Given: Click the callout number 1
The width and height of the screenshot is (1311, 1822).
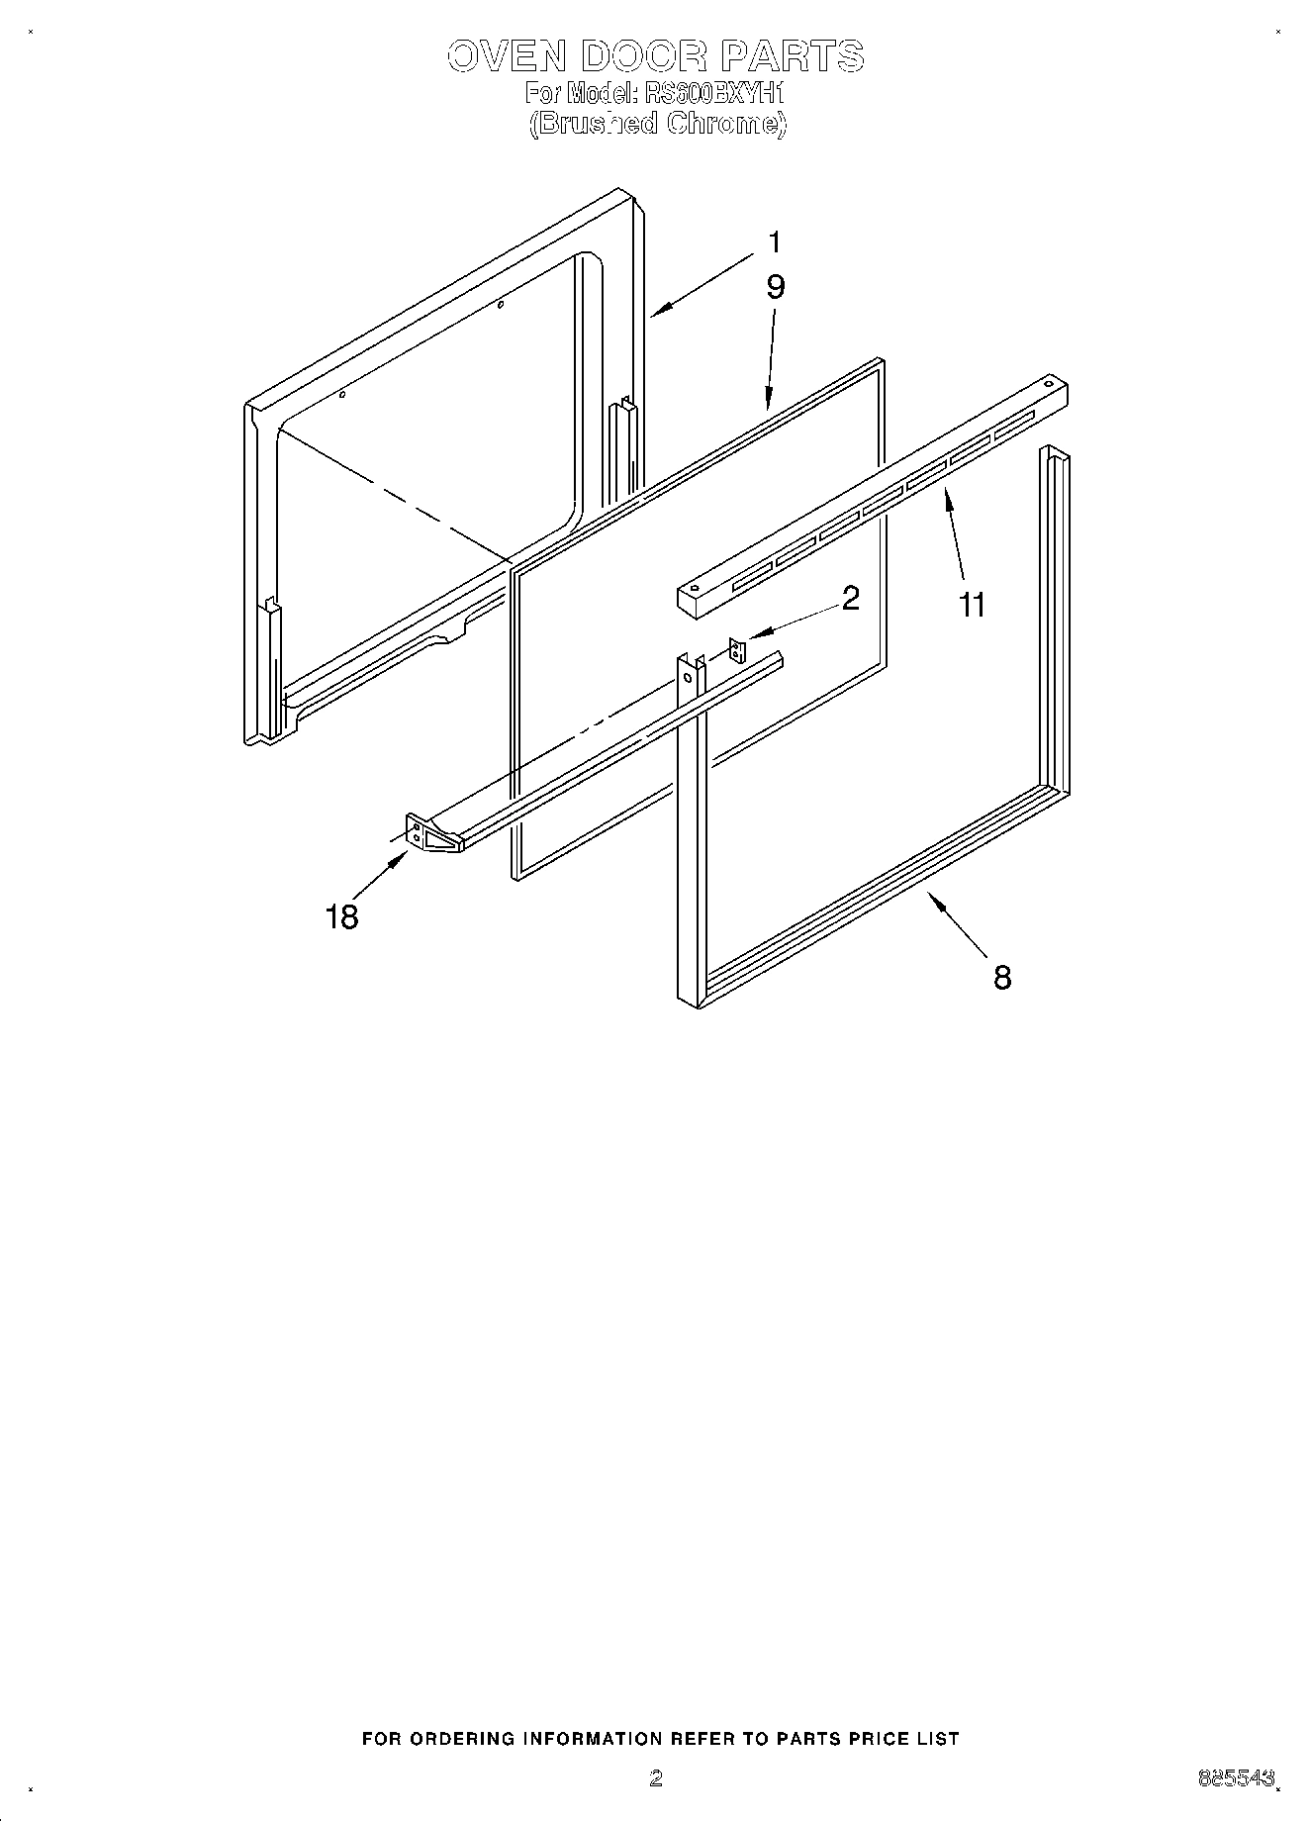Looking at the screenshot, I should [775, 241].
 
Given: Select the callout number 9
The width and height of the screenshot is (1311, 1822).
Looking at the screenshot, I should [775, 287].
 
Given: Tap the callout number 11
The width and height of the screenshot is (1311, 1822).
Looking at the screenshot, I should [973, 604].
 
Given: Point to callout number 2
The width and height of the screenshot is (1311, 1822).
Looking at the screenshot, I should [850, 598].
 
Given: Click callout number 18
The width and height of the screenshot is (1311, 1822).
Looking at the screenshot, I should [341, 917].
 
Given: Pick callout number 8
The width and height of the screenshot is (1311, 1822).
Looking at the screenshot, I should [1001, 978].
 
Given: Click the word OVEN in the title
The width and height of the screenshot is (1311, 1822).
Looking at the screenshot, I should [506, 56].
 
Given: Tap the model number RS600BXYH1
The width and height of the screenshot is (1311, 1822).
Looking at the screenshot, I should [712, 94].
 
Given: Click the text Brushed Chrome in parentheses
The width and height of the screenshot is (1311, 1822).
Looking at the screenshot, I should [657, 124].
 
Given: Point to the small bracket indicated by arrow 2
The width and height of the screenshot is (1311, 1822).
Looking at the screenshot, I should [735, 651].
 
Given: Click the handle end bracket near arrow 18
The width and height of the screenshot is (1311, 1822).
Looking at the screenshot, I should [420, 833].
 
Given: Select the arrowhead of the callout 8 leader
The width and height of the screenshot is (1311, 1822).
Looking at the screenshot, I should [931, 897].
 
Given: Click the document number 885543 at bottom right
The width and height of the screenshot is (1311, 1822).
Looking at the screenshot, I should [1236, 1777].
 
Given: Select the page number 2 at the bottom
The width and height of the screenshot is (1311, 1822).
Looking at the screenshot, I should [655, 1777].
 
